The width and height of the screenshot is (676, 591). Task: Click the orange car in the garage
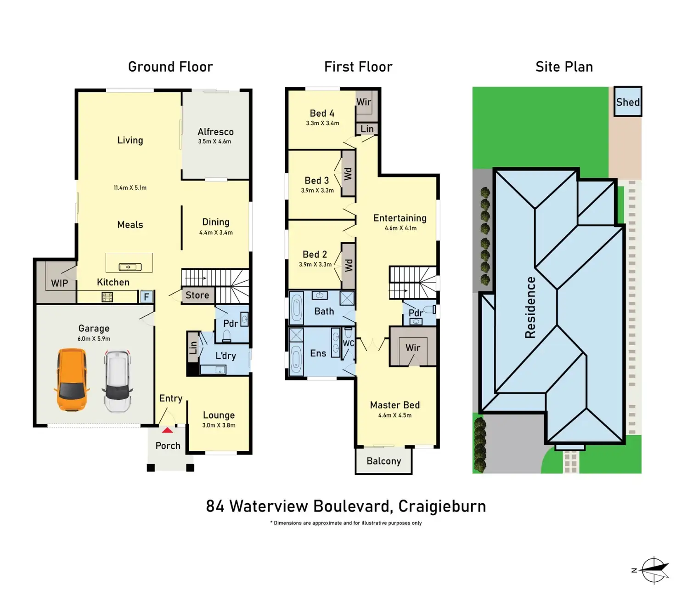71,380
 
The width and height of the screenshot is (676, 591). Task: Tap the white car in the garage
117,381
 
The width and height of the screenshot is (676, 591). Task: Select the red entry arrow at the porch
168,430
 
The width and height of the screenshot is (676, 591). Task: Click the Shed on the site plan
627,102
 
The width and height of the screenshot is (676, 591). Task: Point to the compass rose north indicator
654,570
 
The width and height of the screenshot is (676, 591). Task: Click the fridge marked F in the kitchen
146,297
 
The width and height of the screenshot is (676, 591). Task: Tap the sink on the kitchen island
130,267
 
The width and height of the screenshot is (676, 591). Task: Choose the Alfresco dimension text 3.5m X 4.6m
214,142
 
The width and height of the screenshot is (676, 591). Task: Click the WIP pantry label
59,283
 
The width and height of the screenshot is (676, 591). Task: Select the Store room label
197,295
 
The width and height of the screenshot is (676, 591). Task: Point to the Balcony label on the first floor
383,461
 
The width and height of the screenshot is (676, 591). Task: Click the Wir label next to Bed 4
364,102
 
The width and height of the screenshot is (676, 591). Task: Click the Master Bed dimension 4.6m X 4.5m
394,415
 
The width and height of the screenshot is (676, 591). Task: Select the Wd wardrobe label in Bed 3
348,174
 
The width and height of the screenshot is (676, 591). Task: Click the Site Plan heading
564,67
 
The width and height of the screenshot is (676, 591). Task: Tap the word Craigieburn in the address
442,506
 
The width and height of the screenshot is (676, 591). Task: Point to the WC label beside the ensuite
349,343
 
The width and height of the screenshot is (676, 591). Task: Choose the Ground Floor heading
170,67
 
